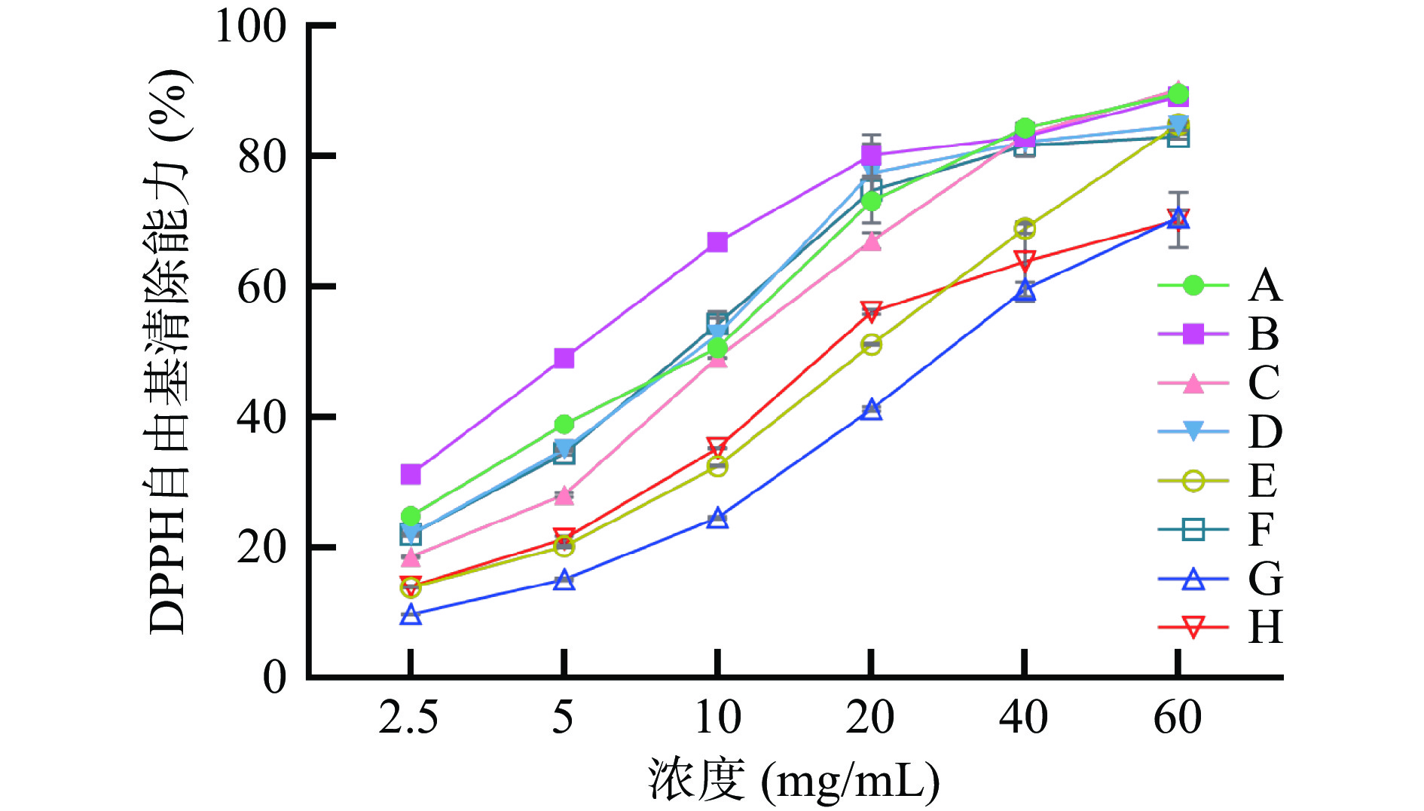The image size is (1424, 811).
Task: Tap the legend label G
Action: (1265, 579)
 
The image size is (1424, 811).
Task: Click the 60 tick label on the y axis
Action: (261, 287)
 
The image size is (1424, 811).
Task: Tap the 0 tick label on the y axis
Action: (274, 677)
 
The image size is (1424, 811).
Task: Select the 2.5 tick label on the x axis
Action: (408, 717)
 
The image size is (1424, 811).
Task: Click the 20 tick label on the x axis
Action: (870, 717)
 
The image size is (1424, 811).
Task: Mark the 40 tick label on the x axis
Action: (1023, 717)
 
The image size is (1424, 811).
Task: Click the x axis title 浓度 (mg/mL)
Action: (793, 780)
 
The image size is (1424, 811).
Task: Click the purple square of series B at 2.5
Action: (411, 474)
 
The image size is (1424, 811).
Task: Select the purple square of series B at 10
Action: (717, 242)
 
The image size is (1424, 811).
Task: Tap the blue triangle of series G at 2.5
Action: (411, 615)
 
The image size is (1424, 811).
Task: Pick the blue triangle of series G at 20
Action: (871, 410)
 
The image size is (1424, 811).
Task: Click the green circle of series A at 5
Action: (564, 424)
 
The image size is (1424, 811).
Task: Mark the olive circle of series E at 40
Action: (1025, 228)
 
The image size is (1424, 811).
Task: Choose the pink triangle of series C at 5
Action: (564, 496)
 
